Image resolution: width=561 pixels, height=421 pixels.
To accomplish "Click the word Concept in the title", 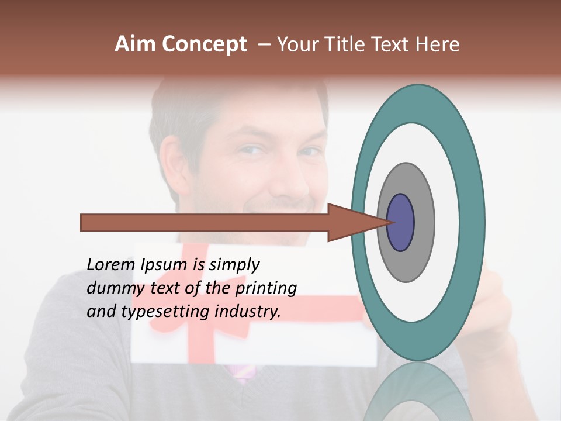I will coord(204,45).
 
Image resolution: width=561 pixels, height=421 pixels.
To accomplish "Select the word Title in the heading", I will coord(346,44).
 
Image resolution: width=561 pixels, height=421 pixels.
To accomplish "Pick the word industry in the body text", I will coord(248,311).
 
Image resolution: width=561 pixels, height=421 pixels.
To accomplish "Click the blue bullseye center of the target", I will coord(401,222).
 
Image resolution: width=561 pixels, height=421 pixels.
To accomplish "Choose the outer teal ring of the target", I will coord(472,222).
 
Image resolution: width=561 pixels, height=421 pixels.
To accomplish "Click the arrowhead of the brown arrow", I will coord(351,222).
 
